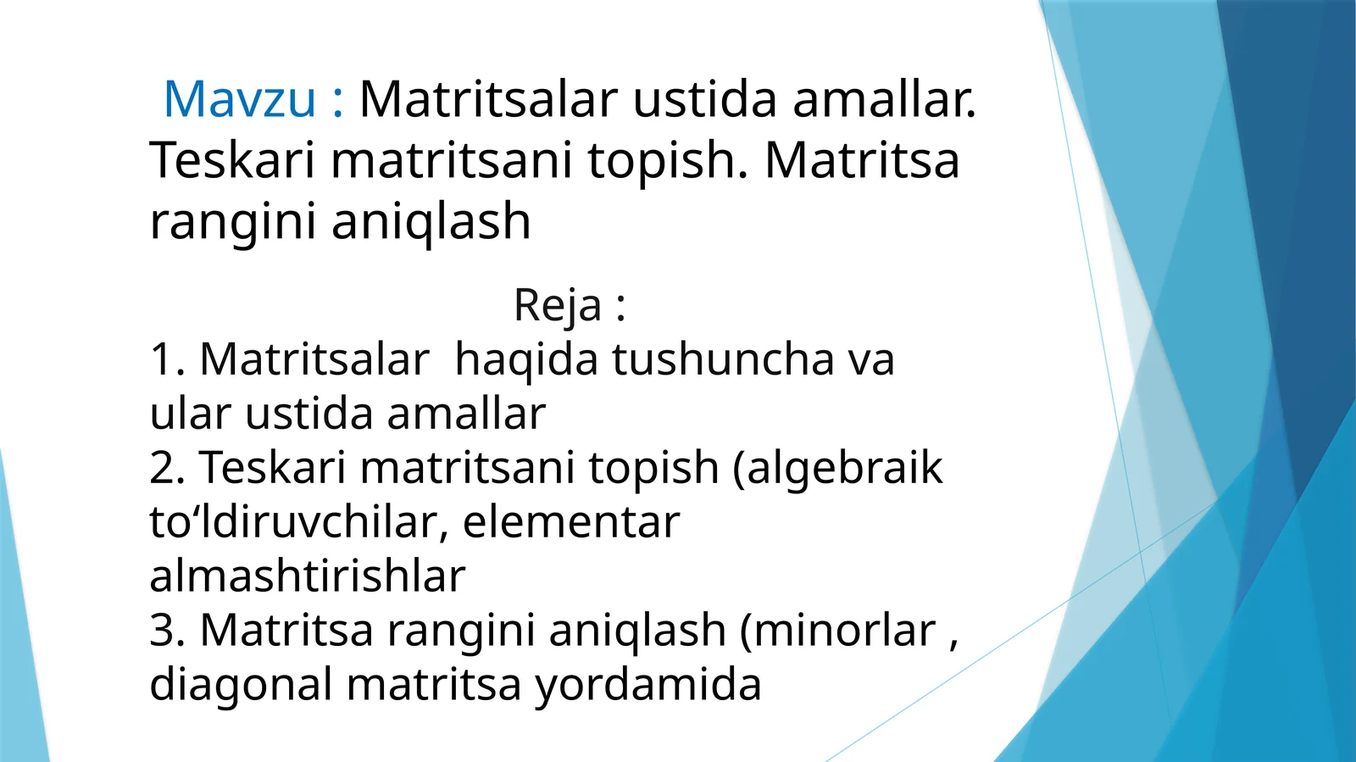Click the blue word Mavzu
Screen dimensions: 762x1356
tap(239, 99)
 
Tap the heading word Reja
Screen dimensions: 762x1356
tap(558, 305)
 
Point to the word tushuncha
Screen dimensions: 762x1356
tap(723, 359)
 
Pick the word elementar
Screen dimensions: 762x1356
tap(570, 522)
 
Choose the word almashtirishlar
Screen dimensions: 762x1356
tap(307, 576)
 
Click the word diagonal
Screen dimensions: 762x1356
tap(241, 685)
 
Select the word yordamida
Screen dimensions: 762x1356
tap(647, 685)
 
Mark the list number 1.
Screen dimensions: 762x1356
tap(166, 359)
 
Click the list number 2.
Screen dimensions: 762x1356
tap(166, 468)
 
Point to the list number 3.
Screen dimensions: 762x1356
tap(166, 631)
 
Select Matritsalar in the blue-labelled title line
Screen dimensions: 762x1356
tap(488, 99)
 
